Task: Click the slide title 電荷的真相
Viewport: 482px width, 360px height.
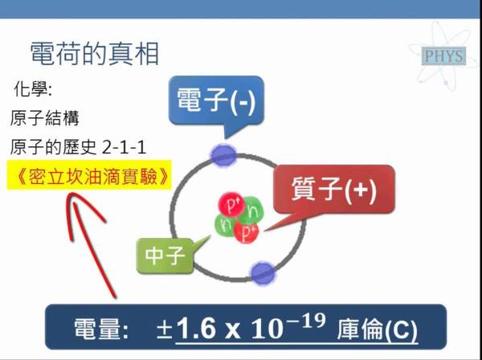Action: pos(94,55)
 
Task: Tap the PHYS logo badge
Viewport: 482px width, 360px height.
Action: pos(444,56)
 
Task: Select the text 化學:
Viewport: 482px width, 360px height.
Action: pos(33,90)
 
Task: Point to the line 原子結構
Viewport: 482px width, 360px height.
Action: pos(44,118)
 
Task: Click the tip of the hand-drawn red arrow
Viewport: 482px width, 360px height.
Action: pos(72,194)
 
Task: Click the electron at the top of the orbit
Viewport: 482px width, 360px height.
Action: pos(224,155)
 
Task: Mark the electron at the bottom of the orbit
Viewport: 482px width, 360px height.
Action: pos(263,273)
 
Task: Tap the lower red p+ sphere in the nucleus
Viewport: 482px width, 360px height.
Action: pos(247,231)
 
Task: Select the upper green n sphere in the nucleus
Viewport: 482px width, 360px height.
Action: pos(251,211)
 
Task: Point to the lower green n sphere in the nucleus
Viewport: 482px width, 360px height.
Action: pos(226,225)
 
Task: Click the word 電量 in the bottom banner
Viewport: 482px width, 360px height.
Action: pos(96,329)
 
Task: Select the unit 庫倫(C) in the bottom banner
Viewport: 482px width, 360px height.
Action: pos(378,330)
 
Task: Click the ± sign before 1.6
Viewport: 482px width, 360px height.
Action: pos(165,330)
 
